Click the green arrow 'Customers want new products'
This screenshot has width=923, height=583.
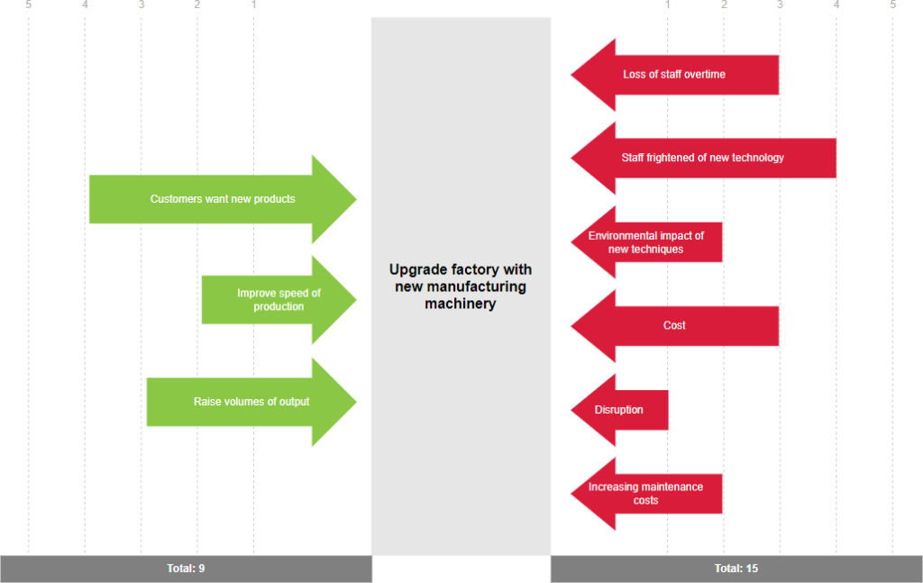point(223,199)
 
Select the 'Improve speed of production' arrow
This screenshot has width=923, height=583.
point(279,300)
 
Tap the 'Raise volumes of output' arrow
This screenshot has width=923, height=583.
point(251,402)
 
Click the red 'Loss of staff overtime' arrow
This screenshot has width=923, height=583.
point(674,75)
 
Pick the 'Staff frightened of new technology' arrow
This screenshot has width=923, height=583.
point(703,158)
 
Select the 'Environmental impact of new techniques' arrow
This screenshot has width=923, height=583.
point(646,242)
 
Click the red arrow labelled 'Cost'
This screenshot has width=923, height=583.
point(674,325)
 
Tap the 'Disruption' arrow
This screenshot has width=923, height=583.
point(619,410)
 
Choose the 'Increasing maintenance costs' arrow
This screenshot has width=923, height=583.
point(646,494)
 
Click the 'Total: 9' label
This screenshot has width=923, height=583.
point(186,569)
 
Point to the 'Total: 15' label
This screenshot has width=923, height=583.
point(736,569)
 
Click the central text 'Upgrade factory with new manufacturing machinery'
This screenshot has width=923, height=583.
point(461,287)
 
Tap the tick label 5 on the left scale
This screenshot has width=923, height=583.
point(29,5)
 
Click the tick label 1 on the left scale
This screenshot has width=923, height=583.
point(254,5)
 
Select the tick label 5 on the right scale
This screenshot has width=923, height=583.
point(892,5)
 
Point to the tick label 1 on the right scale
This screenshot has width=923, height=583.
point(667,5)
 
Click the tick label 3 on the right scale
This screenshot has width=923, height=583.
point(780,5)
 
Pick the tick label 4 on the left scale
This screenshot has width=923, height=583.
point(85,5)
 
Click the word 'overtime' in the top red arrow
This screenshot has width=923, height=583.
point(704,75)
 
